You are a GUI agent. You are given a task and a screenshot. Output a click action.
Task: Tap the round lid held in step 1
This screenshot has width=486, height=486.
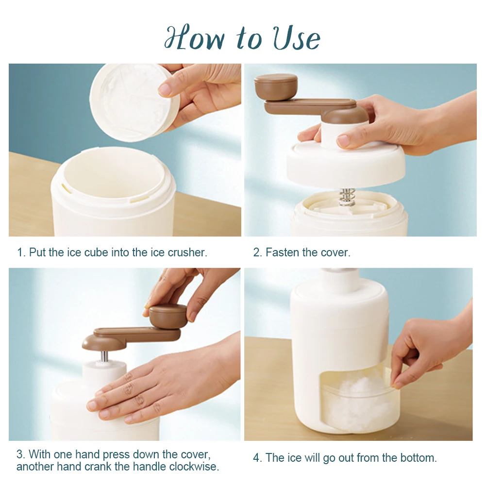pos(129,102)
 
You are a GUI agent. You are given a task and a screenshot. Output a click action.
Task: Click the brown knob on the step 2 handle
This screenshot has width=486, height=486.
pos(276,86)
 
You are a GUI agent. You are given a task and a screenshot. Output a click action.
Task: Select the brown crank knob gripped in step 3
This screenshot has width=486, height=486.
pos(168,316)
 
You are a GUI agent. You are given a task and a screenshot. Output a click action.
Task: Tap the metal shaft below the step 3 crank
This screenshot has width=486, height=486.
pos(104,357)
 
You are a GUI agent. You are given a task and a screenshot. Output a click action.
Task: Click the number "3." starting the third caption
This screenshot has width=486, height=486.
pos(21,454)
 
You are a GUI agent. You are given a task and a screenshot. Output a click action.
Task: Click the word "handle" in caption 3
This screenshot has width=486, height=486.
pos(149,467)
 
